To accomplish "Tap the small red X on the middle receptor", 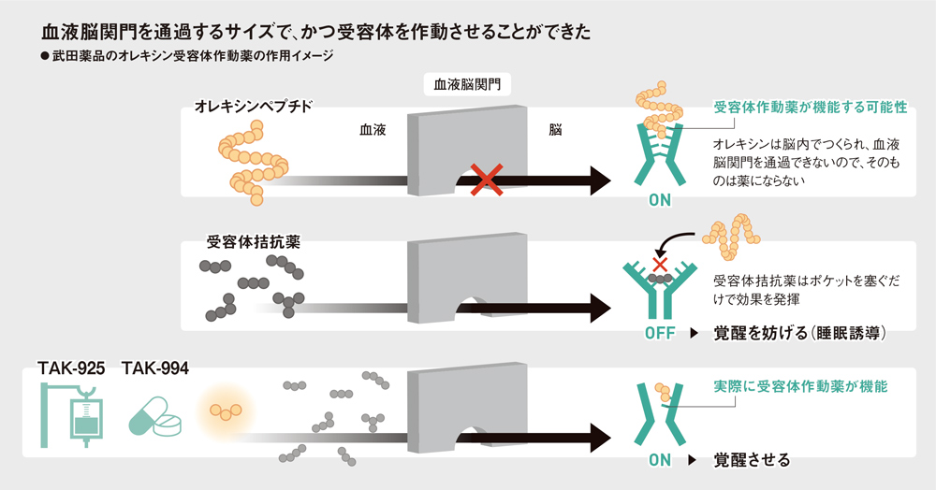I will [x=660, y=265].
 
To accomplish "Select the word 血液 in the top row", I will [x=373, y=131].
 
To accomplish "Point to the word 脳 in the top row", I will [x=555, y=131].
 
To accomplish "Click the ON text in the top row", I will [x=659, y=199].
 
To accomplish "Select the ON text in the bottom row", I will [x=659, y=460].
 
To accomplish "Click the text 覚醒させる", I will [x=752, y=460].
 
